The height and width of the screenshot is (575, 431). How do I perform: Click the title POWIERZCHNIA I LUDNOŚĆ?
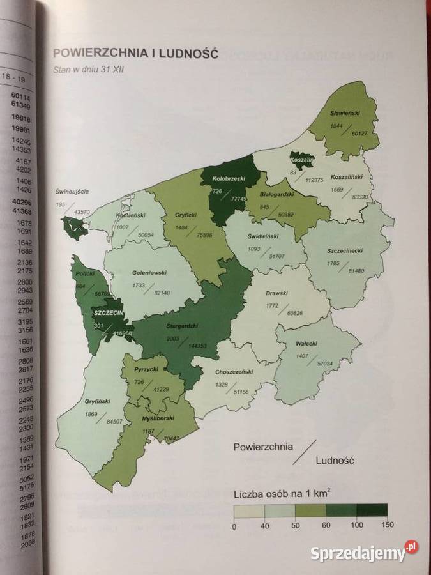135,53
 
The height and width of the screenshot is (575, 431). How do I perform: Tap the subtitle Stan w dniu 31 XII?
90,70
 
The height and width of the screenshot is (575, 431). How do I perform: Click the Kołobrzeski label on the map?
229,180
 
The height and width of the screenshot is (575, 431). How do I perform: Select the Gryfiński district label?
98,402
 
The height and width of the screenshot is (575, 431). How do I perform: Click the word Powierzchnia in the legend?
263,446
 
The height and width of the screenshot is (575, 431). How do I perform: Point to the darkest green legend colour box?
372,510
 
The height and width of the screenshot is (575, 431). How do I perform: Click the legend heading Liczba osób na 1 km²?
282,494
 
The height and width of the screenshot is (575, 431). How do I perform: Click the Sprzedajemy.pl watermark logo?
365,551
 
